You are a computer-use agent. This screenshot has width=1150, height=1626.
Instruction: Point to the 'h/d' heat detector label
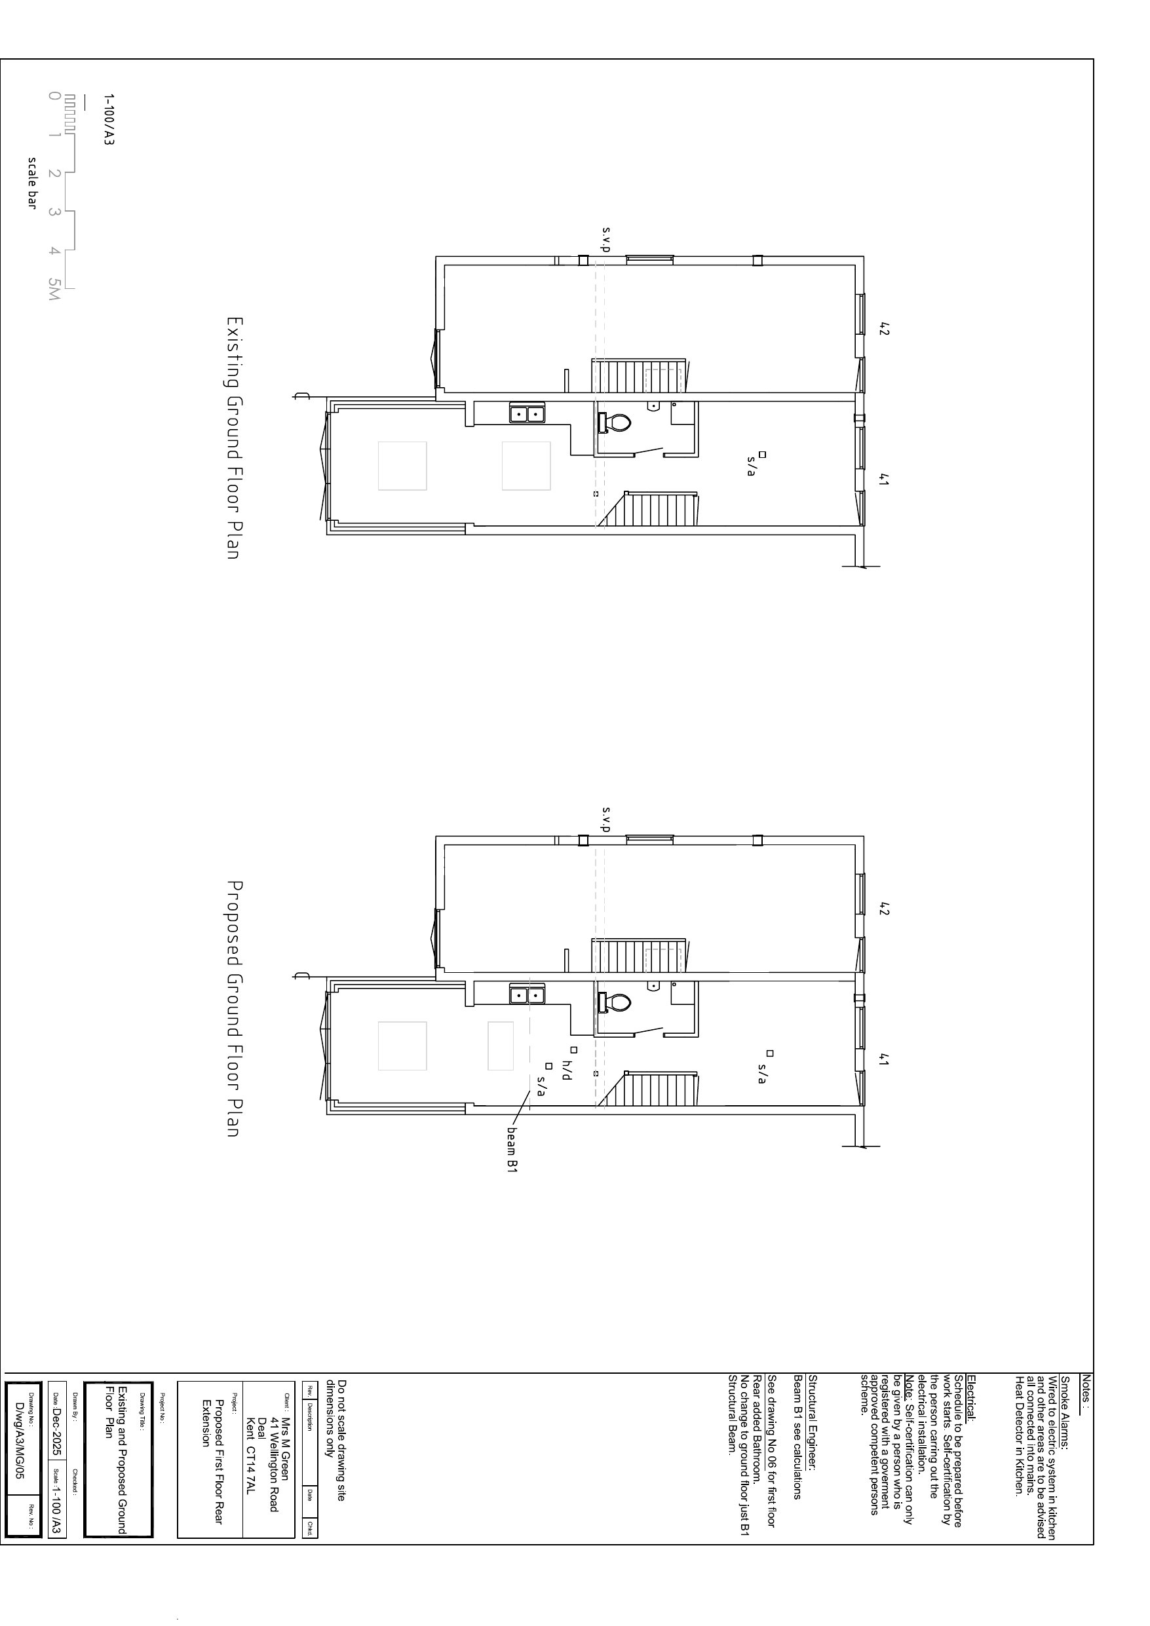coord(566,1070)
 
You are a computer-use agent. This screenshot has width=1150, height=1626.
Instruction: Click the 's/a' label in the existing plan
coord(750,466)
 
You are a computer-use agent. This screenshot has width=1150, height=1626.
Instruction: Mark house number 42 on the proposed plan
coord(883,909)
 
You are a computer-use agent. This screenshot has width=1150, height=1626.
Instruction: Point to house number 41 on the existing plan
coord(883,480)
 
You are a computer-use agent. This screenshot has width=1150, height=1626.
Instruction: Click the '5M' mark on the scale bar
coord(54,288)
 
